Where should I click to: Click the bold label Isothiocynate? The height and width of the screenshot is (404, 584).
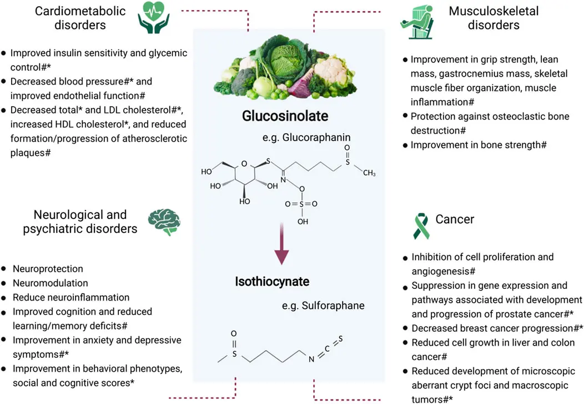272,282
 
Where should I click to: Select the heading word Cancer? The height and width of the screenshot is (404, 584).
455,220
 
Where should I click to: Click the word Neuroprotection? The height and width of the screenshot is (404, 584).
48,269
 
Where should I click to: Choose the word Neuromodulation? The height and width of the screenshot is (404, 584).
50,283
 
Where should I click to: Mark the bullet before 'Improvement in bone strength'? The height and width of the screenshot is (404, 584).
405,144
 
